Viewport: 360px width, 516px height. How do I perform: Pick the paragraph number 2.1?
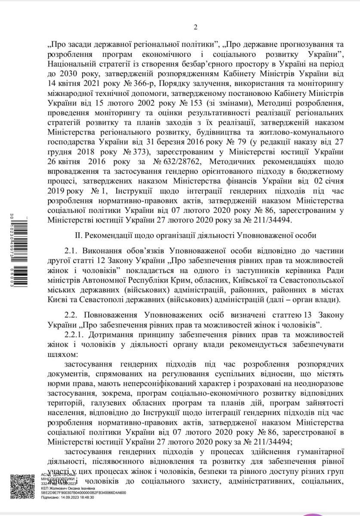[x=71, y=251]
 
